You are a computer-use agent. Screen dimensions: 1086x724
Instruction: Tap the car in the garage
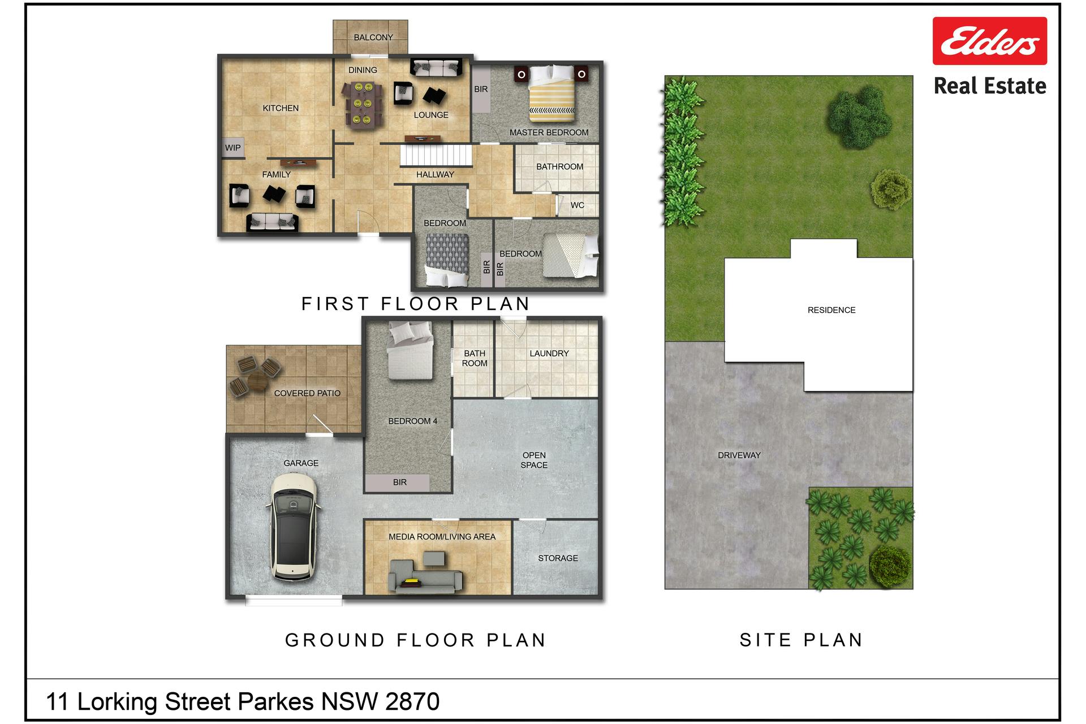click(x=293, y=527)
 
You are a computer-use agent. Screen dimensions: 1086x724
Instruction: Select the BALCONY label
click(x=373, y=37)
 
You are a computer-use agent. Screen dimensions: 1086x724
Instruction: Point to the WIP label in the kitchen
click(x=233, y=148)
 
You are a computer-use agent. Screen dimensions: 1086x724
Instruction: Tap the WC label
click(x=578, y=205)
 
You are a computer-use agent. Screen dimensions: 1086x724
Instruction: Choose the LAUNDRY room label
click(x=549, y=354)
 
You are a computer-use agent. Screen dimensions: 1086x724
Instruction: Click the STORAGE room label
click(x=558, y=558)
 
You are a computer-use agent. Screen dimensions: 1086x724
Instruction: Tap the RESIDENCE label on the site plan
click(x=831, y=310)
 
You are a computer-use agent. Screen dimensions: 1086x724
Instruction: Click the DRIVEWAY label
click(x=739, y=455)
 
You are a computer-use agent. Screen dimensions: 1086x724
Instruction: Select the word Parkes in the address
click(x=275, y=702)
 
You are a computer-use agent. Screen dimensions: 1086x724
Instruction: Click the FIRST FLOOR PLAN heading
click(x=416, y=304)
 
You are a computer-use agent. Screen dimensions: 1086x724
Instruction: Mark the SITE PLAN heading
click(x=801, y=640)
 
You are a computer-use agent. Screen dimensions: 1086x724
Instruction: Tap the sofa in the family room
click(x=272, y=222)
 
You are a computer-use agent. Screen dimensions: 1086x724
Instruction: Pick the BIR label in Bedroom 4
click(x=400, y=482)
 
